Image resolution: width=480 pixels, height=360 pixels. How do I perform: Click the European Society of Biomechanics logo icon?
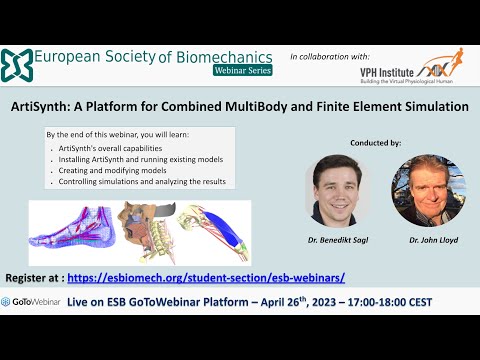point(18,64)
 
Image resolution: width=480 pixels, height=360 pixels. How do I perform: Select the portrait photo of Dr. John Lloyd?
point(428,189)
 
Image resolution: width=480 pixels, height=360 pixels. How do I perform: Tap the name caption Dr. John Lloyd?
point(428,241)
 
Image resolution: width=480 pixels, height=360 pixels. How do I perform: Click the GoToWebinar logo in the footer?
point(34,301)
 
